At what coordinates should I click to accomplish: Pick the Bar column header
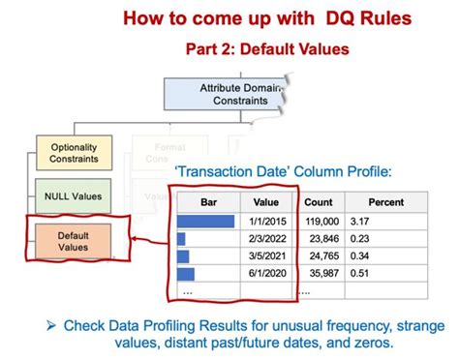coord(207,202)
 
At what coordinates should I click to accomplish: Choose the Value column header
coord(265,202)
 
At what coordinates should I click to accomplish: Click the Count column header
coord(318,202)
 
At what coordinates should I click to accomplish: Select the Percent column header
coord(384,202)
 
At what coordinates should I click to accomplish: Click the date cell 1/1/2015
coord(266,221)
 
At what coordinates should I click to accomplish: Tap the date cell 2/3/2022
coord(266,238)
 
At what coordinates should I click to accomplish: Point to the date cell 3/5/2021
coord(266,256)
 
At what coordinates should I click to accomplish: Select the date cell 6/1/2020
coord(266,274)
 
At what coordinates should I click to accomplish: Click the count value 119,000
coord(320,221)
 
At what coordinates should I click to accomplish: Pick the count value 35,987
coord(321,274)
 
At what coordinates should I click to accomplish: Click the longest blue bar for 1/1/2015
coord(205,221)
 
